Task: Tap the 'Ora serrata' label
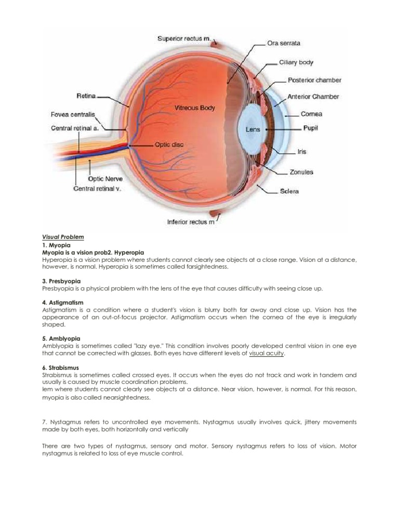283,43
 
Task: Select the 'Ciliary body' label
296,62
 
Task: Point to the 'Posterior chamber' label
314,80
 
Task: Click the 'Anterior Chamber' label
313,97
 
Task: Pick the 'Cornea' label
311,114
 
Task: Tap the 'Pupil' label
310,128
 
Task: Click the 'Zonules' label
301,172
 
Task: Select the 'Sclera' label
289,191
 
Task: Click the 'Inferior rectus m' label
190,222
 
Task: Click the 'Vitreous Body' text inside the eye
194,108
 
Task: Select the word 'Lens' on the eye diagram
253,129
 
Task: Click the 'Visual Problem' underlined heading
63,237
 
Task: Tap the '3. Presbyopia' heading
61,281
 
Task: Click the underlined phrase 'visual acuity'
267,353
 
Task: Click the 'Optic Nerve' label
105,178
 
